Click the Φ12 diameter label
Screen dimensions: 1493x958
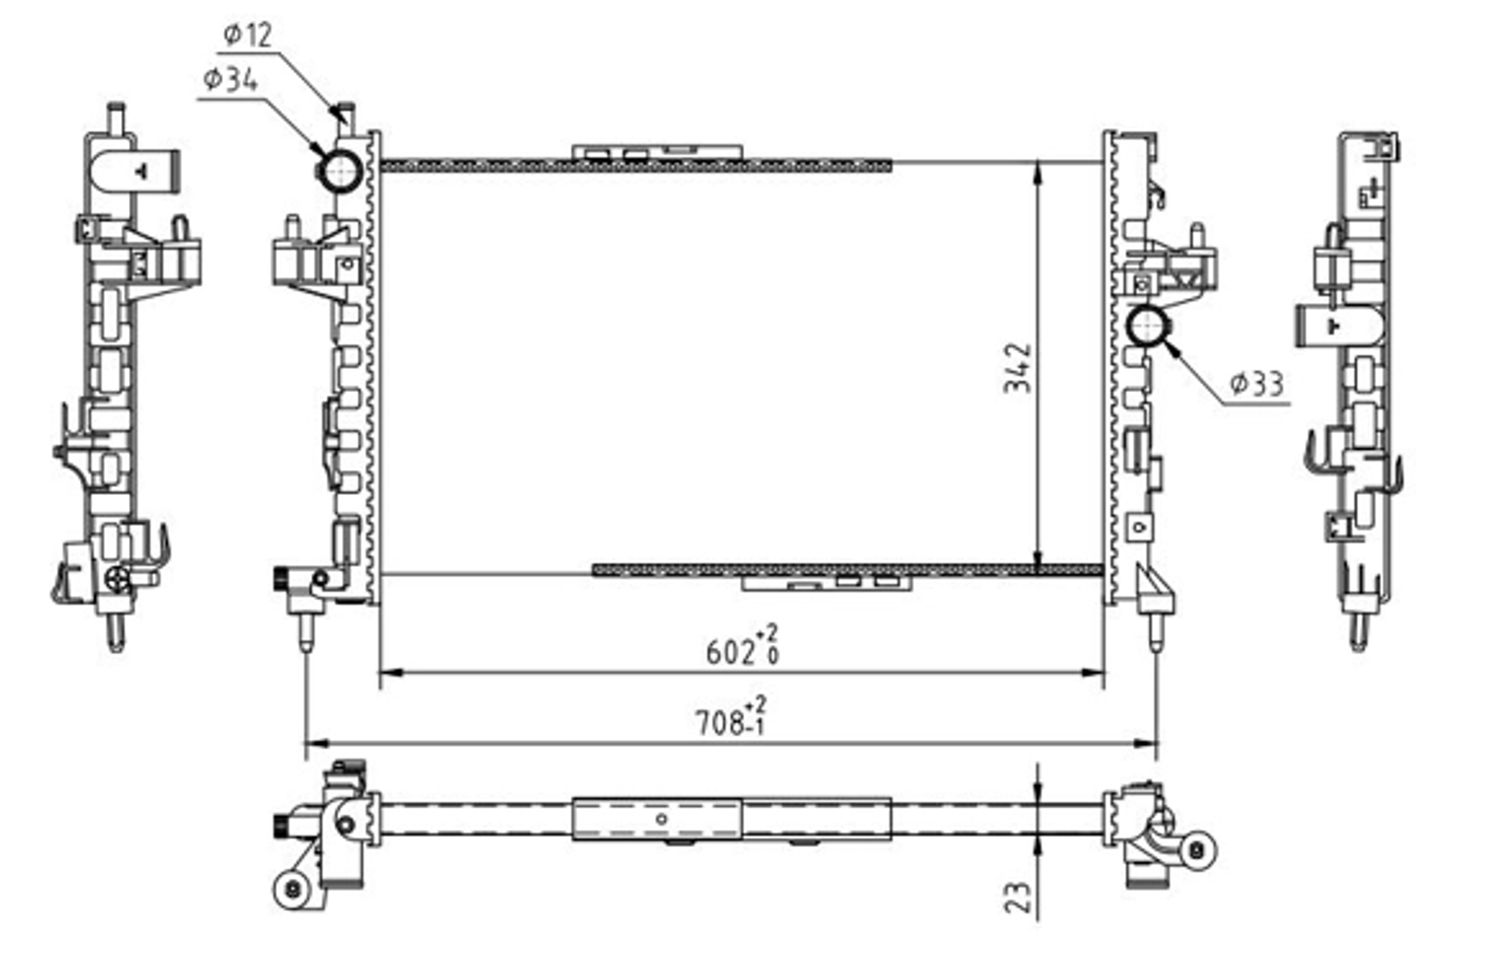click(248, 35)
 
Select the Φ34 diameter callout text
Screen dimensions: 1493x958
click(231, 80)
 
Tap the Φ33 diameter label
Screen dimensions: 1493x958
click(1256, 384)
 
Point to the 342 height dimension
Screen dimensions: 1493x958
click(1018, 368)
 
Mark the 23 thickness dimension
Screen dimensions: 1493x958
click(1018, 897)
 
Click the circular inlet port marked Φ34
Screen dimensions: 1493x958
click(340, 171)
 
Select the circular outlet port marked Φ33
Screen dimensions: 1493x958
click(1147, 326)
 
